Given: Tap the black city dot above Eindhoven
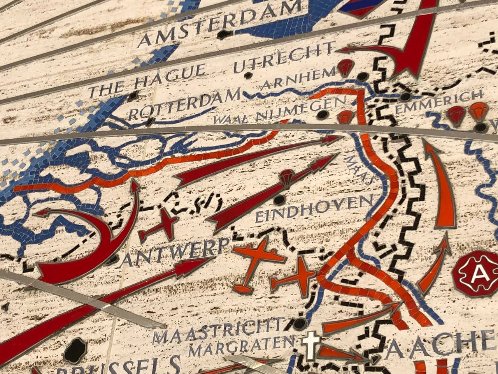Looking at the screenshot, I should [x=279, y=200].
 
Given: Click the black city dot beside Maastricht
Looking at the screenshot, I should [x=299, y=323].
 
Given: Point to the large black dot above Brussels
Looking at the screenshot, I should [x=75, y=350].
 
